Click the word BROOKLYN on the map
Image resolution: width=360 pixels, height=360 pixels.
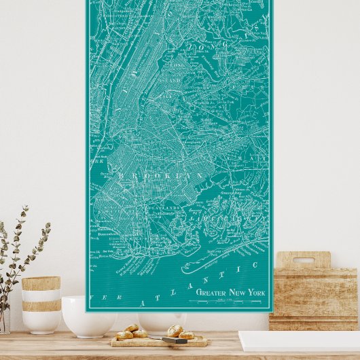161,175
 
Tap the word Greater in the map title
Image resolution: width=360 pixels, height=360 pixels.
211,292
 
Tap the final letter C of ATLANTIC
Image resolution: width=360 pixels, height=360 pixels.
256,264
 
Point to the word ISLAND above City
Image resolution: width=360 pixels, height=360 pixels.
172,80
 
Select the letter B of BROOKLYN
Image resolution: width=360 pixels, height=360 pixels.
122,175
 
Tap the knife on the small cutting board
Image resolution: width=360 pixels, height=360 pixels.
175,340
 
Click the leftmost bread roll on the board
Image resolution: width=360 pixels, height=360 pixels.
124,335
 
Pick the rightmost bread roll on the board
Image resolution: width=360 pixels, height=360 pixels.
186,335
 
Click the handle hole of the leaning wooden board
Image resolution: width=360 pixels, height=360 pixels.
303,260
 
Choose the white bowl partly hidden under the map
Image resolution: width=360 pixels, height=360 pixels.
162,321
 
